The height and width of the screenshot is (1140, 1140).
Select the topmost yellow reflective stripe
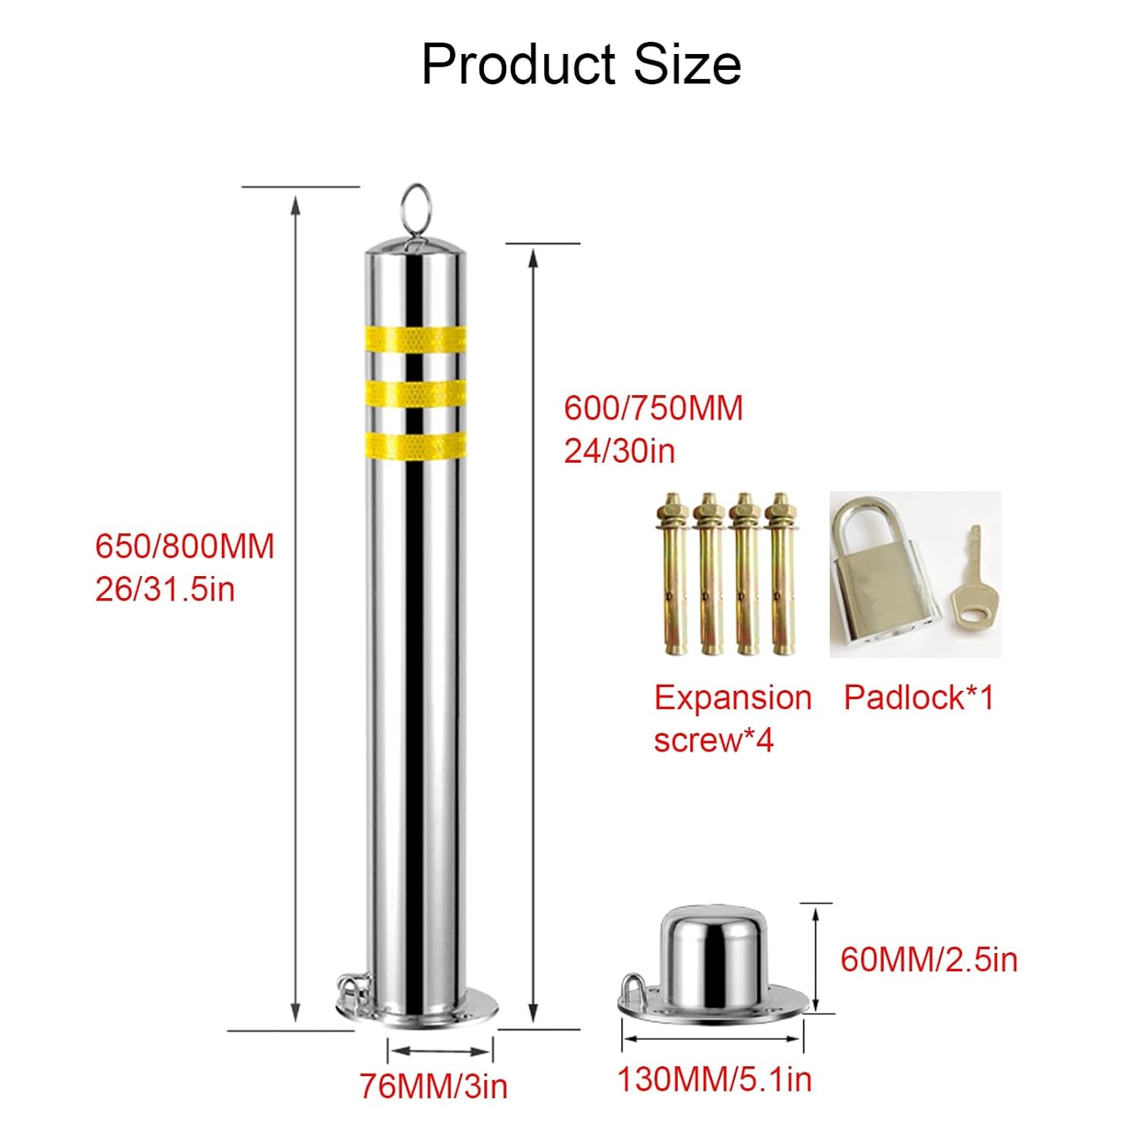click(416, 339)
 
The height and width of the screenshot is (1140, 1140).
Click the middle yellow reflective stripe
click(416, 392)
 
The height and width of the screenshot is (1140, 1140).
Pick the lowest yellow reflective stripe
click(416, 445)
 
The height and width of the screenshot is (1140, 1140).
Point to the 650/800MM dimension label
click(185, 547)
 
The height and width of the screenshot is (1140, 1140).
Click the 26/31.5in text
click(165, 589)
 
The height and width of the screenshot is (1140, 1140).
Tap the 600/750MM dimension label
click(654, 408)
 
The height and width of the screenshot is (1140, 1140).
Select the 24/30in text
click(619, 451)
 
